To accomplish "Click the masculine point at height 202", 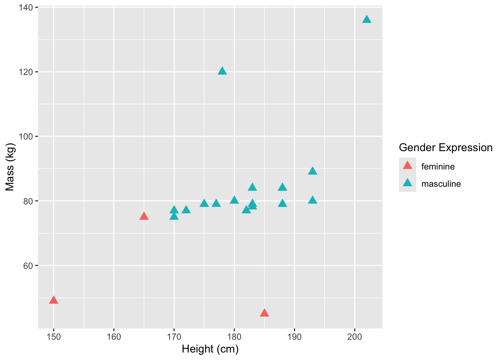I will click(367, 19).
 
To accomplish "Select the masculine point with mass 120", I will click(222, 71).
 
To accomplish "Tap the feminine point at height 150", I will click(54, 300).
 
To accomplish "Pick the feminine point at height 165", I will click(144, 216).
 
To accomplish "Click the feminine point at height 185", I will click(264, 313).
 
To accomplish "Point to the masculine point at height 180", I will click(234, 200).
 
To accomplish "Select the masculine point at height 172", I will click(186, 210).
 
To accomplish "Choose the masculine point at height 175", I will click(204, 203).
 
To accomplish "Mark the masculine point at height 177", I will click(216, 203).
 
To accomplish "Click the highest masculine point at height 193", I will click(312, 171).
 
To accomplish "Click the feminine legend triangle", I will click(407, 165).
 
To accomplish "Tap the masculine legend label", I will click(441, 184).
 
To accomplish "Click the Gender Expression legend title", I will click(445, 147).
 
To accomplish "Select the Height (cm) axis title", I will click(210, 349).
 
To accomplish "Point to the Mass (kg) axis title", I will click(10, 167).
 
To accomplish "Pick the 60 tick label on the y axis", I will click(28, 265).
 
